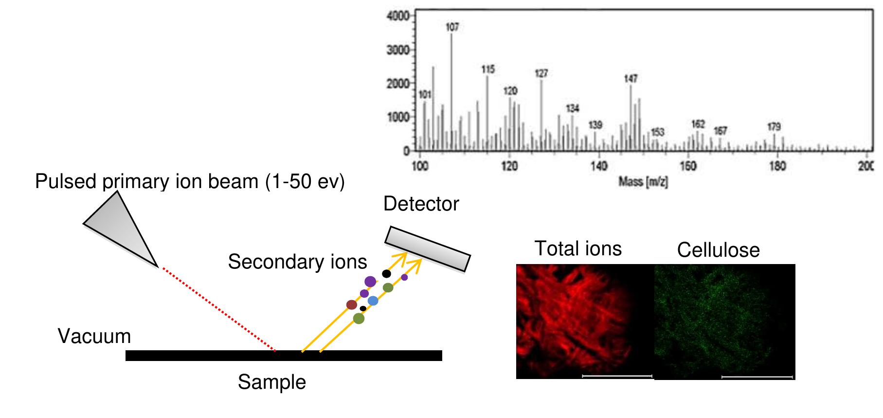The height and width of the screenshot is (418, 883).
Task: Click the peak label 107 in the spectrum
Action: [x=452, y=27]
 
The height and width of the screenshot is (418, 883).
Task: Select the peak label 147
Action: [x=631, y=78]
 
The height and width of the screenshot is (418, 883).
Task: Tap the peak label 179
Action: [x=774, y=127]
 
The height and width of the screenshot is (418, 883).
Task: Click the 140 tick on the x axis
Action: [x=599, y=166]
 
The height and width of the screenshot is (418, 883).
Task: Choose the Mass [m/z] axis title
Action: [x=643, y=182]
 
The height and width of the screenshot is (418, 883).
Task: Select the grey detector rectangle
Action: [x=428, y=248]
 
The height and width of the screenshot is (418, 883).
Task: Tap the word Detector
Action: [x=421, y=204]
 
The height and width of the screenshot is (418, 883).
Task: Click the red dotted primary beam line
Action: [x=219, y=309]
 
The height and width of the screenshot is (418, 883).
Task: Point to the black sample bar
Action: [x=284, y=356]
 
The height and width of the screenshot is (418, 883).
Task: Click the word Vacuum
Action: [x=94, y=337]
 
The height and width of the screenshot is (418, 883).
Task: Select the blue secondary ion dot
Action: [x=373, y=301]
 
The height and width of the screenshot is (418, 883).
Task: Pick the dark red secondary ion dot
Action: [x=351, y=305]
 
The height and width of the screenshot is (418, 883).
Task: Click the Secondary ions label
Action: [x=297, y=262]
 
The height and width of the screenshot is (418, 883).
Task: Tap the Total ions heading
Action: [x=578, y=249]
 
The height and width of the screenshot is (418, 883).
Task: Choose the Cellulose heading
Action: [x=718, y=250]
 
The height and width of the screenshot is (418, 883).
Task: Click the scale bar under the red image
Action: [x=617, y=376]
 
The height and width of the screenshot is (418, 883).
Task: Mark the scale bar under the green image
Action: [x=757, y=377]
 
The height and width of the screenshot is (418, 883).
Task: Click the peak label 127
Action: [x=541, y=73]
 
